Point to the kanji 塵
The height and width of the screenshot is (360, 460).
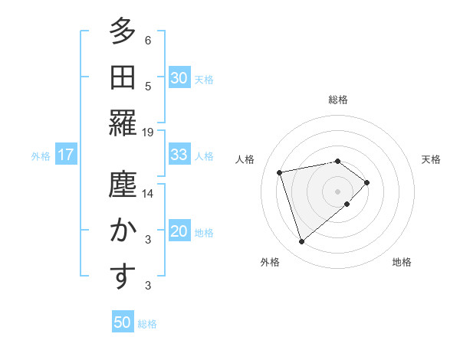(x=123, y=185)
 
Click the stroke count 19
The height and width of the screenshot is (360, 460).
(x=148, y=132)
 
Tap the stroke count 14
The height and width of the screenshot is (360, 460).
(x=148, y=194)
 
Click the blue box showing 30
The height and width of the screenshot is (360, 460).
(x=179, y=79)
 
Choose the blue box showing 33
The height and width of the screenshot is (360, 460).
(x=179, y=155)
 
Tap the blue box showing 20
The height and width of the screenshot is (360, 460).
(x=179, y=232)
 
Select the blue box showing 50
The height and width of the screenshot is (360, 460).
(x=123, y=322)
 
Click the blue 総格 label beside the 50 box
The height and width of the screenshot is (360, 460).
(x=147, y=324)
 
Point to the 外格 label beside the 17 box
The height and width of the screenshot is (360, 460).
(x=41, y=156)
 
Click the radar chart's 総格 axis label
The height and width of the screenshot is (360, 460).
(x=337, y=100)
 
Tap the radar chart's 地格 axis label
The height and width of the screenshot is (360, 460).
(x=402, y=262)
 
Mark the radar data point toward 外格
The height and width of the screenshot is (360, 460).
(x=301, y=242)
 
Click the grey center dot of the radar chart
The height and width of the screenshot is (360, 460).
(x=337, y=190)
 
